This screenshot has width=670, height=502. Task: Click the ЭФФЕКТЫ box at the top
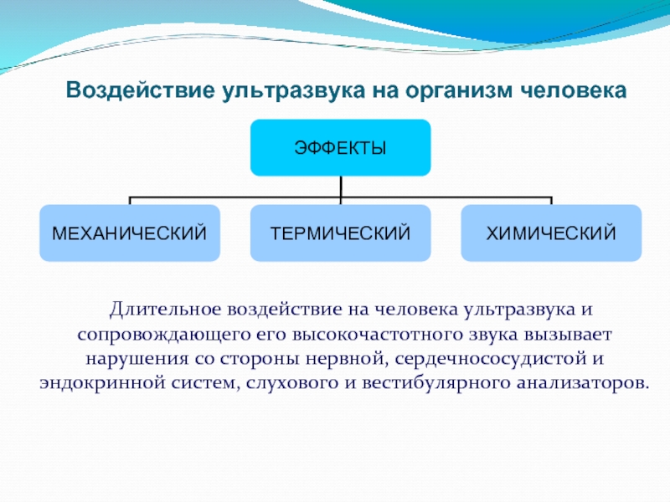pyautogui.click(x=340, y=148)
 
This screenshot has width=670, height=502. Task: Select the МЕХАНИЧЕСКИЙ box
pyautogui.click(x=130, y=233)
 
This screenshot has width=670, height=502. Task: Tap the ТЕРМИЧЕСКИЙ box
pyautogui.click(x=340, y=233)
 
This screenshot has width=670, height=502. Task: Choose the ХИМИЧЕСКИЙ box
pyautogui.click(x=551, y=233)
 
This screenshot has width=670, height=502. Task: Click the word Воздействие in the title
pyautogui.click(x=140, y=91)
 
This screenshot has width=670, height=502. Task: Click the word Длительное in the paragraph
pyautogui.click(x=165, y=309)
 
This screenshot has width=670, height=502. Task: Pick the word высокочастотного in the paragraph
pyautogui.click(x=378, y=334)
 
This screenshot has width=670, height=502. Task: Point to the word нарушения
pyautogui.click(x=137, y=359)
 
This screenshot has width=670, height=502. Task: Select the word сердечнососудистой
pyautogui.click(x=491, y=359)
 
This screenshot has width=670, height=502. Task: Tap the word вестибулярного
pyautogui.click(x=435, y=383)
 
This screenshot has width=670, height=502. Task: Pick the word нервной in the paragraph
pyautogui.click(x=346, y=359)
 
